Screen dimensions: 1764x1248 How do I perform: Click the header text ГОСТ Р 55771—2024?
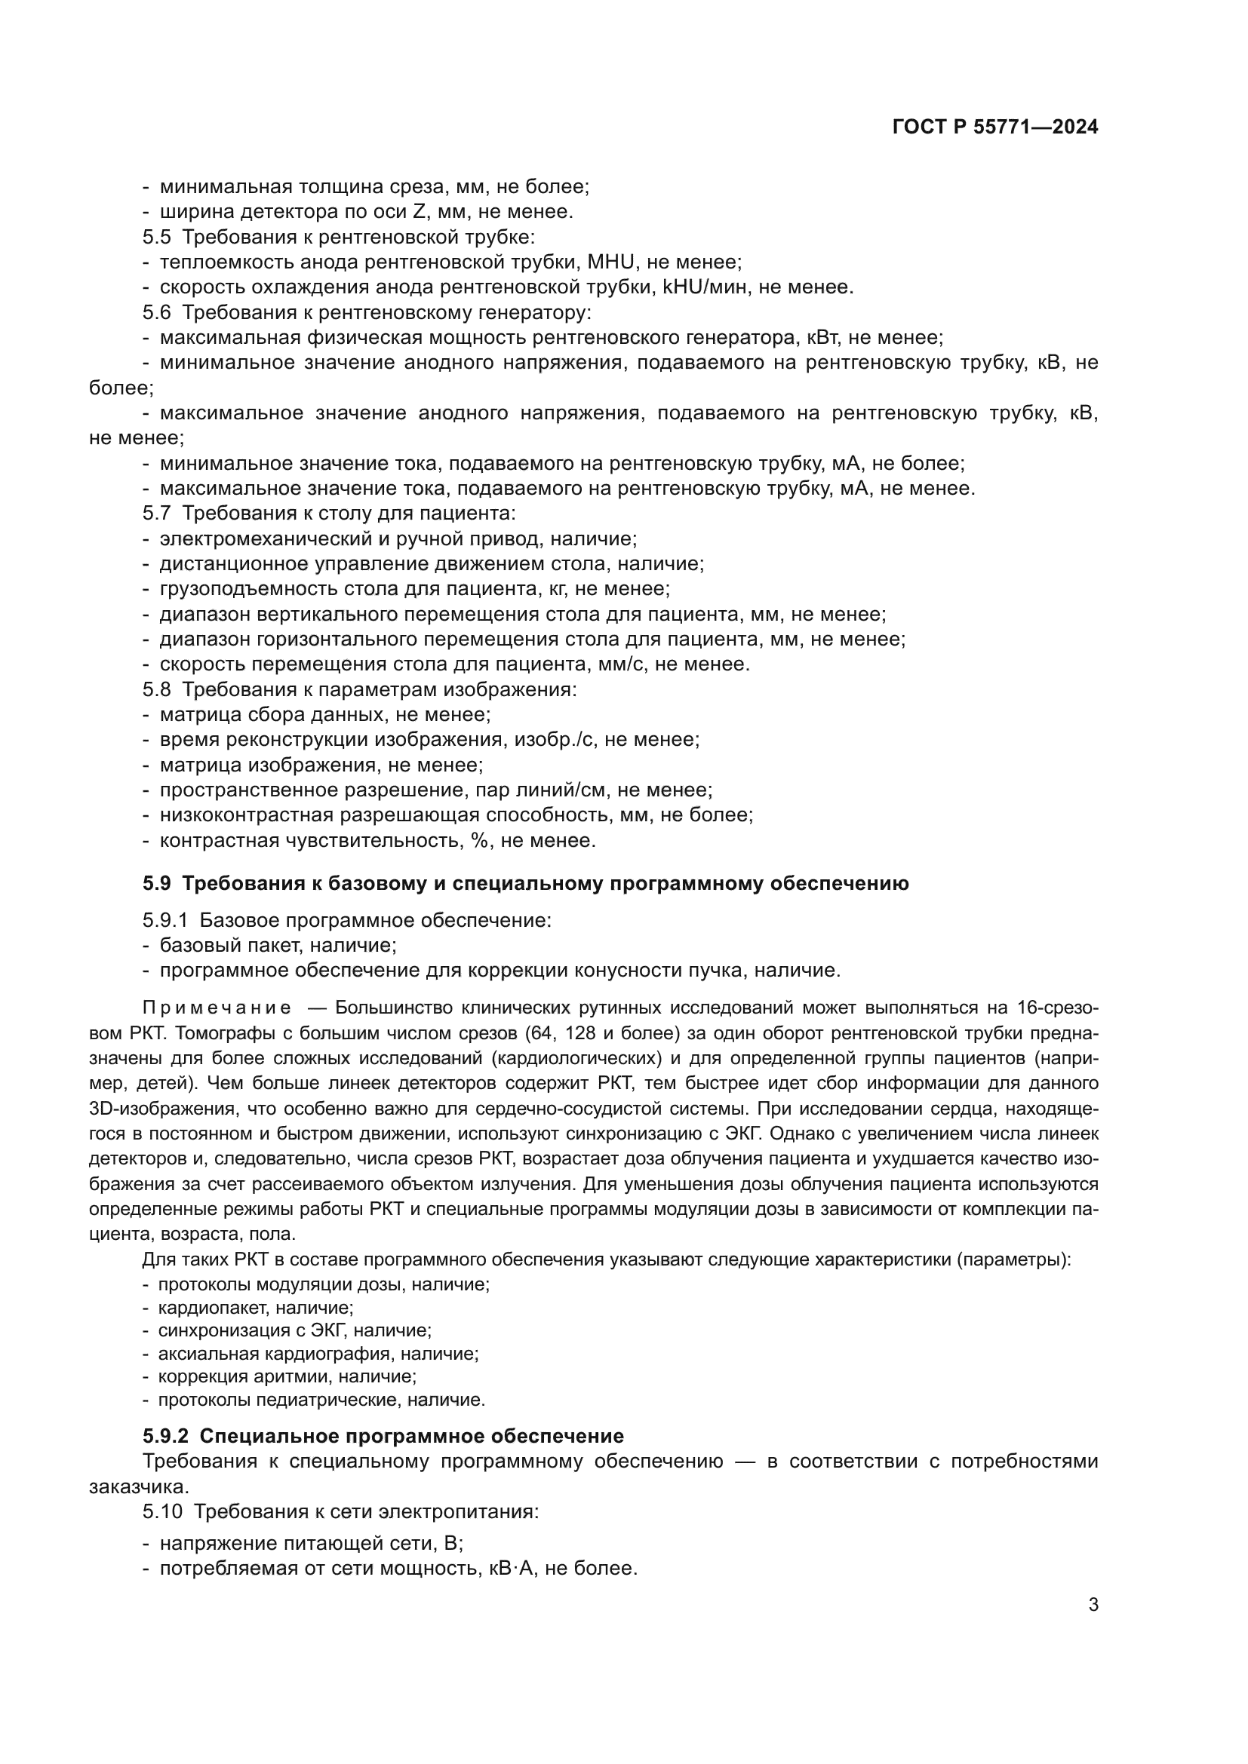point(995,127)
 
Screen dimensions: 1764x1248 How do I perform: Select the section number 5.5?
point(156,237)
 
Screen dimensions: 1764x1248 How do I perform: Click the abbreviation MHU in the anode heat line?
point(611,262)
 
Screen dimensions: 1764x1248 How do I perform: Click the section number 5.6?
point(156,313)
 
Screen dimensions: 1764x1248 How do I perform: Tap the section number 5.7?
point(156,514)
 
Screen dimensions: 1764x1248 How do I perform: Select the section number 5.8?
point(156,689)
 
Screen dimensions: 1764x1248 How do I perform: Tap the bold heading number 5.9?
point(156,884)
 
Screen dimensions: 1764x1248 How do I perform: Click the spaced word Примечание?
point(217,1008)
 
